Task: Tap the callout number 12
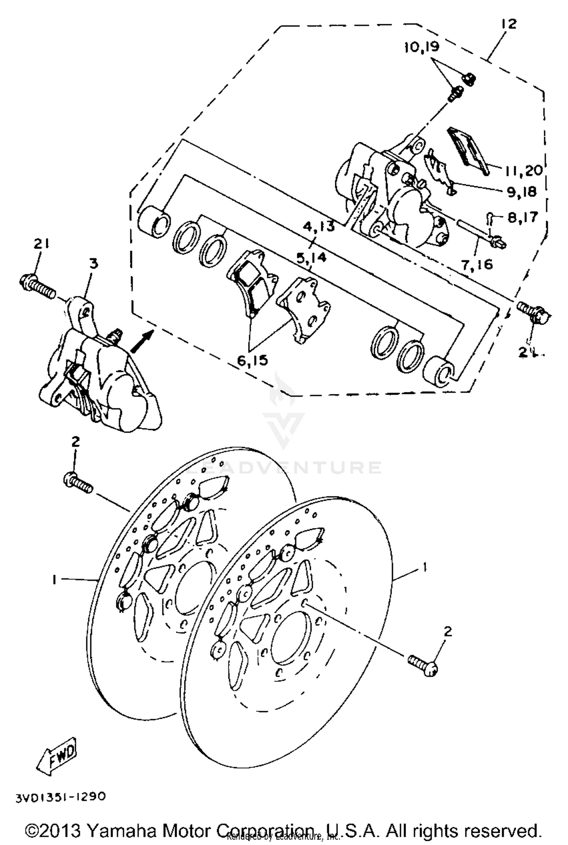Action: pyautogui.click(x=509, y=24)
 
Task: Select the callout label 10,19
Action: pyautogui.click(x=421, y=47)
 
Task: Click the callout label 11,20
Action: pyautogui.click(x=523, y=171)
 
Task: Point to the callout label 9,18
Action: pyautogui.click(x=522, y=192)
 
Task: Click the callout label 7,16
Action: pyautogui.click(x=477, y=264)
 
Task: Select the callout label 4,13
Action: pyautogui.click(x=319, y=227)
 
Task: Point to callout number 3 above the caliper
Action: pyautogui.click(x=94, y=263)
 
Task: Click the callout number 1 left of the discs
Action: pyautogui.click(x=55, y=579)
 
